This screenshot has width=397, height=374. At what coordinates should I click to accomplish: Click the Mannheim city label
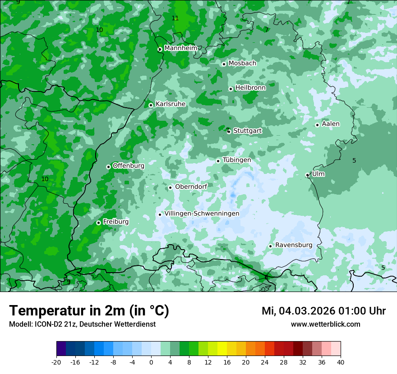(180, 48)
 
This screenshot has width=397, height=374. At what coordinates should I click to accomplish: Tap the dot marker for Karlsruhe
(151, 105)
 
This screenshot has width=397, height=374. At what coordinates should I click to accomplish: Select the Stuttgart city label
(247, 131)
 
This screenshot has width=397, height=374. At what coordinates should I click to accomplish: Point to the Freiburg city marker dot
(98, 223)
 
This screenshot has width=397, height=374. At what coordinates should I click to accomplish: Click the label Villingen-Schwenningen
(202, 214)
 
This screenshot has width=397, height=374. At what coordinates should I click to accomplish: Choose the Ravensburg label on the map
(293, 245)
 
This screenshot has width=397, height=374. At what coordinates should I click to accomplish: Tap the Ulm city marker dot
(307, 175)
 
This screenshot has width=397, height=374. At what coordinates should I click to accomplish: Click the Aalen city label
(331, 124)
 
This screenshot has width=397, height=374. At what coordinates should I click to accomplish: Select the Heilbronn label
(250, 87)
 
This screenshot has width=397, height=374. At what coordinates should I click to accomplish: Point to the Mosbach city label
(242, 63)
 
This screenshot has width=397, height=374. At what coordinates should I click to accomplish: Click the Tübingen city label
(237, 160)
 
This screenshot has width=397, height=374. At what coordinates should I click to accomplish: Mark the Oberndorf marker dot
(170, 187)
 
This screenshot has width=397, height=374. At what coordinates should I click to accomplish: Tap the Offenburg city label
(129, 165)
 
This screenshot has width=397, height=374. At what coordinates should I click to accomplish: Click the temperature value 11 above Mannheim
(175, 18)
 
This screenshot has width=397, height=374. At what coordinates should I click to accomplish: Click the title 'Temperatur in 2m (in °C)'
(89, 310)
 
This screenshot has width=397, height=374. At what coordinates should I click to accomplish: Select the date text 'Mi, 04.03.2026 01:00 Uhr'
(323, 311)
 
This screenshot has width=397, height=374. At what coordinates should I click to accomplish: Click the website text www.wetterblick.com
(325, 324)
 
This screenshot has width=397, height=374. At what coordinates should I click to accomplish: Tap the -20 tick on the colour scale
(56, 362)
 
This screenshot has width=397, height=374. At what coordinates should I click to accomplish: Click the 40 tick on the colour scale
(341, 362)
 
